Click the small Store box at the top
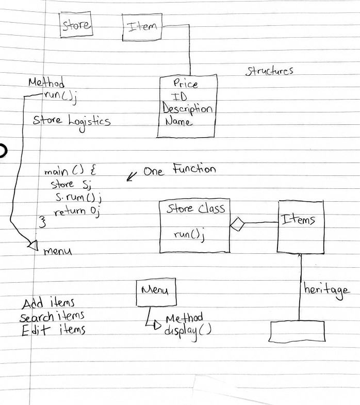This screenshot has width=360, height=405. click(x=76, y=25)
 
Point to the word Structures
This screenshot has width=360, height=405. click(x=269, y=71)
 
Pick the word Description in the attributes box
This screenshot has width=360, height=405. click(x=187, y=109)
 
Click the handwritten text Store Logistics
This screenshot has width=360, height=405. click(x=71, y=121)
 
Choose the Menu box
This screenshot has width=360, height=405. click(x=155, y=293)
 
